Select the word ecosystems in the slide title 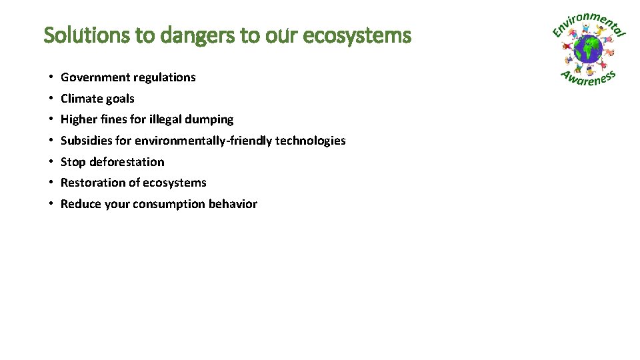[357, 35]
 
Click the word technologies [311, 141]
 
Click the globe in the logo [587, 50]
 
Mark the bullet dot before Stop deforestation [51, 162]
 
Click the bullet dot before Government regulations [51, 77]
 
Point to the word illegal [167, 119]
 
